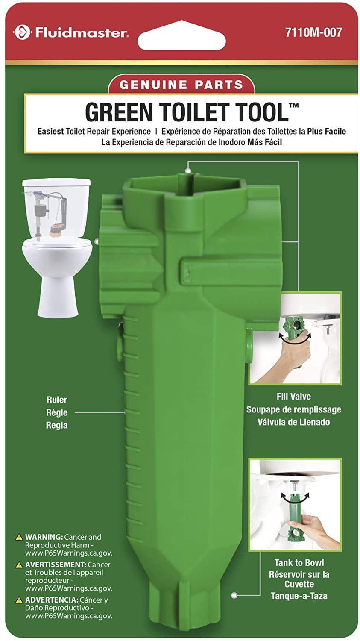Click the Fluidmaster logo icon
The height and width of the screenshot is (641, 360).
click(20, 32)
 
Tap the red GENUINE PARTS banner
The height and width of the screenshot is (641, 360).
click(181, 84)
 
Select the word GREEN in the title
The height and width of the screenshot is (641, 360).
click(119, 112)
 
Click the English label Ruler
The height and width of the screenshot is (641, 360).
click(57, 400)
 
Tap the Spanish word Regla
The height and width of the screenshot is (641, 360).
click(57, 426)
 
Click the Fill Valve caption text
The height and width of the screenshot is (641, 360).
click(293, 397)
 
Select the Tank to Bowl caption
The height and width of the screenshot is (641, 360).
click(299, 563)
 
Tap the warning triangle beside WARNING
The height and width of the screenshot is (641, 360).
click(19, 537)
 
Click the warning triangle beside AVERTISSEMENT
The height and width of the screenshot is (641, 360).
click(19, 565)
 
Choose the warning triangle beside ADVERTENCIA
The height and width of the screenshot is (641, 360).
click(19, 600)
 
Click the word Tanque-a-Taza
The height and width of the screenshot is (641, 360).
click(299, 596)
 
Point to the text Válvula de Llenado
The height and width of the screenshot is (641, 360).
click(293, 422)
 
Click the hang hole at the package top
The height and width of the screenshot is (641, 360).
click(181, 33)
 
